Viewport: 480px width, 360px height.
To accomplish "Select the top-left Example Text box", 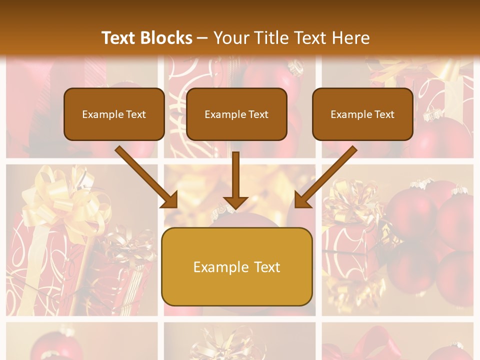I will click(x=114, y=114).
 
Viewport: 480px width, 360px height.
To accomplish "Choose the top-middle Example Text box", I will click(x=236, y=114).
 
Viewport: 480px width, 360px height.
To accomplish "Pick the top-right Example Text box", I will click(x=362, y=114).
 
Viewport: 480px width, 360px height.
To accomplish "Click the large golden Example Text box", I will click(x=236, y=266).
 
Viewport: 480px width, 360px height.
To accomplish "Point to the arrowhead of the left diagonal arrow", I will click(x=170, y=200).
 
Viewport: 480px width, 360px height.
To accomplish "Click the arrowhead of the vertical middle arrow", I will click(x=235, y=202).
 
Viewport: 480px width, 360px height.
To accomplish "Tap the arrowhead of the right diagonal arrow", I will click(x=302, y=200).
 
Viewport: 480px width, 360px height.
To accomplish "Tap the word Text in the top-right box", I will click(x=384, y=114).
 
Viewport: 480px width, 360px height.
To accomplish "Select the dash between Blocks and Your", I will click(x=202, y=38).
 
